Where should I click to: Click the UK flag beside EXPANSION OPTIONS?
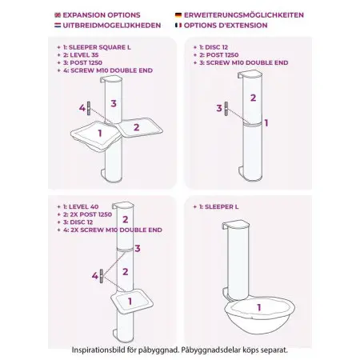click(x=58, y=15)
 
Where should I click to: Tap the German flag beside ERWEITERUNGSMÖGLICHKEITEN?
click(x=178, y=15)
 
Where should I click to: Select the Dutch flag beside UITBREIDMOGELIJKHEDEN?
click(x=58, y=26)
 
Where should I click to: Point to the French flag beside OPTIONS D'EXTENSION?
click(x=178, y=26)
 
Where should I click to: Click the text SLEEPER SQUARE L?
click(x=100, y=47)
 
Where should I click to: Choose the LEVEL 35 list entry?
click(x=84, y=55)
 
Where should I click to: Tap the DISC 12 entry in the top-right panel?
click(x=216, y=47)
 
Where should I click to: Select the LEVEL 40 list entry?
click(x=83, y=206)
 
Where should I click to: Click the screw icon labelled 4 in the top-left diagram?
click(x=89, y=108)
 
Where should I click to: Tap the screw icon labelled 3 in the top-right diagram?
click(x=226, y=109)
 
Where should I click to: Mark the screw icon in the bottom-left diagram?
click(x=102, y=276)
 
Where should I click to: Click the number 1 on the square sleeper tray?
click(x=100, y=133)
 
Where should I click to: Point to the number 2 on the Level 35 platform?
click(x=137, y=127)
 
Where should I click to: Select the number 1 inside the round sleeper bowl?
click(x=258, y=307)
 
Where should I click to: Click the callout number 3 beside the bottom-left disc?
click(x=138, y=248)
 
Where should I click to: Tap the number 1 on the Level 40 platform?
click(x=130, y=302)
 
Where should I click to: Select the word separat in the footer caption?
click(x=274, y=350)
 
